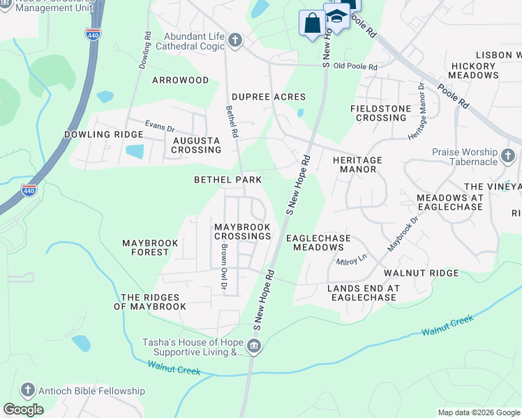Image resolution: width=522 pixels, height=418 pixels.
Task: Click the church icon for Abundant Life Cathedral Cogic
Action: coord(235,40)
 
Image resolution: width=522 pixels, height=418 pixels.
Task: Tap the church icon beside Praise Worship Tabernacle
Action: coord(509,154)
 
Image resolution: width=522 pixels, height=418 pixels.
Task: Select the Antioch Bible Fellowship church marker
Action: coord(27,391)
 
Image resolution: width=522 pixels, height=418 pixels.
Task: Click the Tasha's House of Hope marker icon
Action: coord(254,346)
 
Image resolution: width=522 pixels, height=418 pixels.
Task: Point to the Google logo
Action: coord(23,409)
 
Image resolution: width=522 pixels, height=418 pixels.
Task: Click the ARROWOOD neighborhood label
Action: coord(181,80)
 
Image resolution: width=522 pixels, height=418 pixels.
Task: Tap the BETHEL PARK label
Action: coord(228,180)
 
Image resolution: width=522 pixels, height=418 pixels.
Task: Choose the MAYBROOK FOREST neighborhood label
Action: coord(150,247)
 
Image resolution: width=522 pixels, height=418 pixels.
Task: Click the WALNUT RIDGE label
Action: coord(426,273)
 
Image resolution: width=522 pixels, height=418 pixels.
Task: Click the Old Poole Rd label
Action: coord(355,67)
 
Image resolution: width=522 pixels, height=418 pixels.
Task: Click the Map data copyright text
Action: coord(479,412)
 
